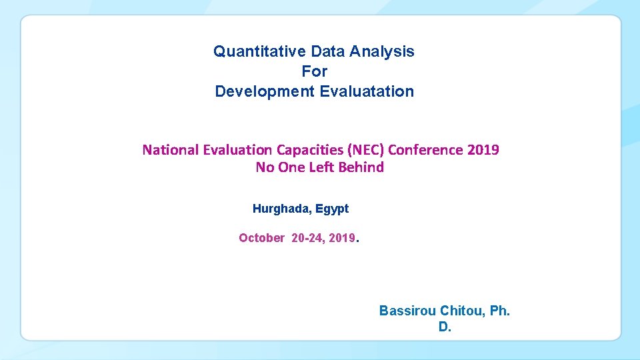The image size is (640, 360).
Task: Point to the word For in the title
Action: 314,71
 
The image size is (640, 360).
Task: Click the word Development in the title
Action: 264,91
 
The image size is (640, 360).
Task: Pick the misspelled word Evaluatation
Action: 367,91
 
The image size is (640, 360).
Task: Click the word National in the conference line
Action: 171,149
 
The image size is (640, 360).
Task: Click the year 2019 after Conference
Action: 483,149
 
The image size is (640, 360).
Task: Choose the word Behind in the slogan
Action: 361,167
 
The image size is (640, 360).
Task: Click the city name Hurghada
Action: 281,209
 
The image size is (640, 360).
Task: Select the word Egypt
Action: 332,209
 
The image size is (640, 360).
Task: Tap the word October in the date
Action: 261,238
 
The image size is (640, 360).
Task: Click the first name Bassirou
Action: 407,311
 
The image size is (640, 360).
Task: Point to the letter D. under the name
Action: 445,327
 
